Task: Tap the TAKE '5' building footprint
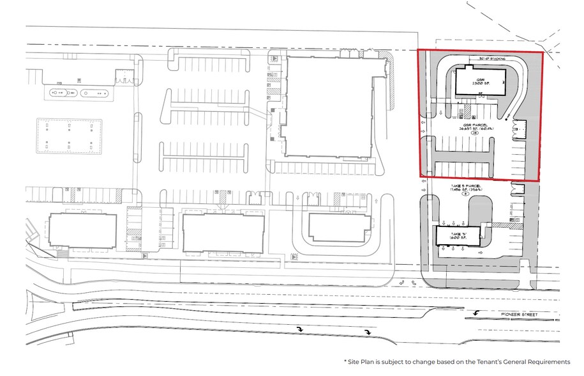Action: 457,236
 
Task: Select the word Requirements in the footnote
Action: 544,362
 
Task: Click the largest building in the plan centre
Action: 328,106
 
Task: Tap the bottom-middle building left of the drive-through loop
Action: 223,231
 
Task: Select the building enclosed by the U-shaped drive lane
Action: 338,227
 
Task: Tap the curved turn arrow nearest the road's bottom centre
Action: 368,332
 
